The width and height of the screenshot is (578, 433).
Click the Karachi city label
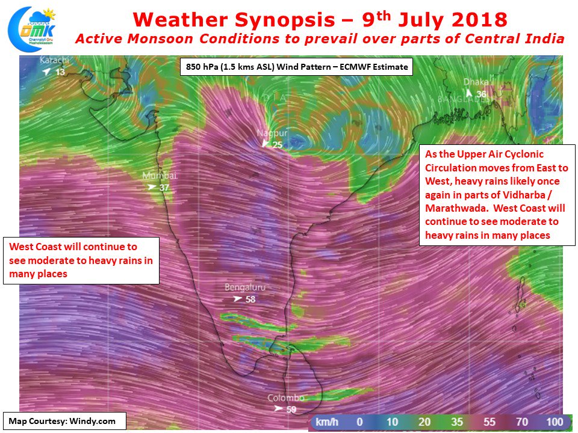coord(54,60)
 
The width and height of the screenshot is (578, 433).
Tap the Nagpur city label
coord(272,133)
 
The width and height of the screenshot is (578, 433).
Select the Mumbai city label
coord(160,176)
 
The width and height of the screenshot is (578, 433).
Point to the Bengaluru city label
coord(245,287)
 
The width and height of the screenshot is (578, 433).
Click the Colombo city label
coord(286,398)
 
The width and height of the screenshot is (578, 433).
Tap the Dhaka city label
coord(476,82)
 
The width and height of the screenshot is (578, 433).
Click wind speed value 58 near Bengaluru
coord(250,299)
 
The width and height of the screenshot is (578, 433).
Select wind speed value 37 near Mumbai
coord(164,188)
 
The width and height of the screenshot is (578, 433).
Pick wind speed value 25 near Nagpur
coord(277,145)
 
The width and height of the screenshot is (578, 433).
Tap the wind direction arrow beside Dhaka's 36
coord(469,93)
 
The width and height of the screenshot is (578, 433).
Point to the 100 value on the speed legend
coord(555,422)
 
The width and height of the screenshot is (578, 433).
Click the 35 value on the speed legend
coord(457,422)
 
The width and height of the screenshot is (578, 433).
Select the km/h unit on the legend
coord(326,422)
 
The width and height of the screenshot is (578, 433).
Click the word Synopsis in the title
coord(285,20)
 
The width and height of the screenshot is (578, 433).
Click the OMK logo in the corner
coord(32,28)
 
